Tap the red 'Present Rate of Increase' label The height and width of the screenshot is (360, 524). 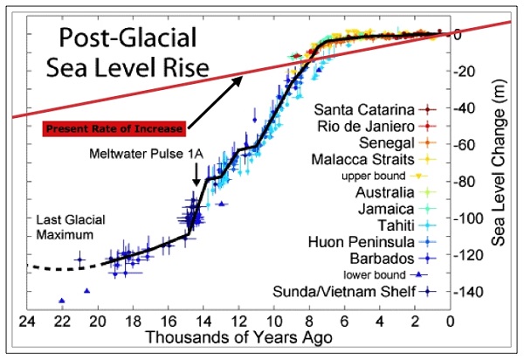113,129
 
